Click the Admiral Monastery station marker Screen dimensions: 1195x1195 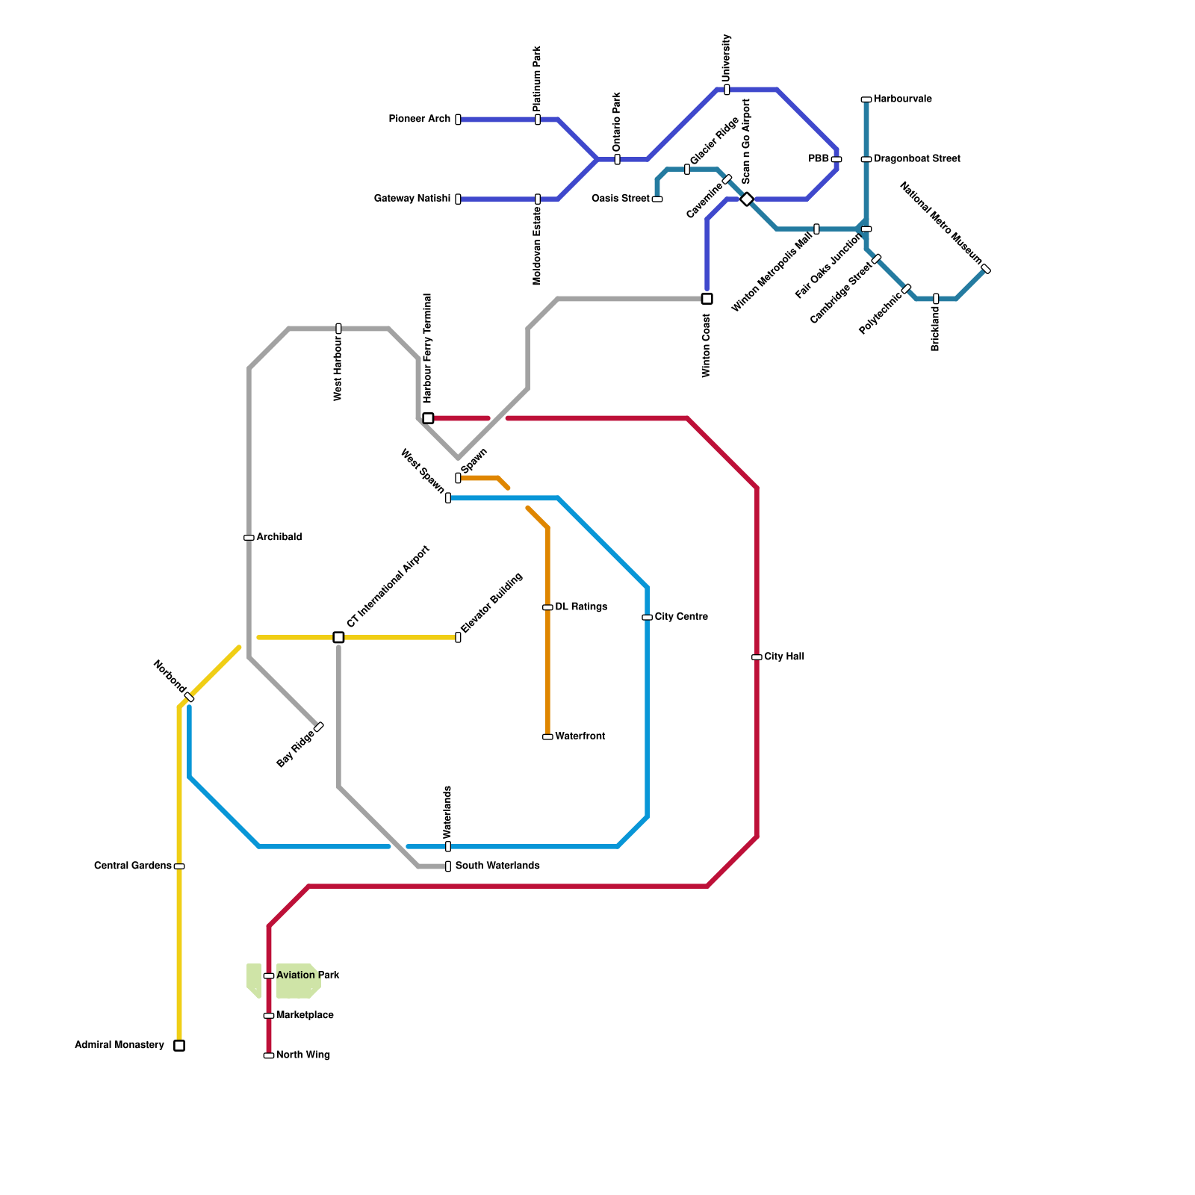pos(179,1045)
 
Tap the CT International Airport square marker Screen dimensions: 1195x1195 pos(338,637)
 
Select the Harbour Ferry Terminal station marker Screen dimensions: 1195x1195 pos(428,418)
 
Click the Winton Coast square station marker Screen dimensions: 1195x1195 pos(707,299)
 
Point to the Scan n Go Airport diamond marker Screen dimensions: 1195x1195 pos(747,199)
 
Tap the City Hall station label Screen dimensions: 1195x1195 pos(784,657)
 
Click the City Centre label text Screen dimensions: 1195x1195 pos(681,617)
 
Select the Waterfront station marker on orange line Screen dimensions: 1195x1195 pos(547,736)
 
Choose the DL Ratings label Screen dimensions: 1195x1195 pos(581,607)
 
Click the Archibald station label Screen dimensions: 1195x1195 pos(279,538)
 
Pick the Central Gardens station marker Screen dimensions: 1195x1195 pos(179,866)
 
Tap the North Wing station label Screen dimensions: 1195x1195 pos(302,1055)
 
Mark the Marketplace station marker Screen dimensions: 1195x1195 pos(269,1016)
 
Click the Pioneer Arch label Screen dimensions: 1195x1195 pos(420,119)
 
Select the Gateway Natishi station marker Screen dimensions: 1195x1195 pos(458,199)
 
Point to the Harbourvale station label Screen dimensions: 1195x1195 pos(902,99)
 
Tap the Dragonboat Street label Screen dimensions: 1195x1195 pos(917,159)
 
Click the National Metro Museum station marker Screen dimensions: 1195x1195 pos(986,269)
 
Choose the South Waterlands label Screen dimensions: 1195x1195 pos(497,866)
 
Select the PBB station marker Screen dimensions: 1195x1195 pos(836,159)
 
